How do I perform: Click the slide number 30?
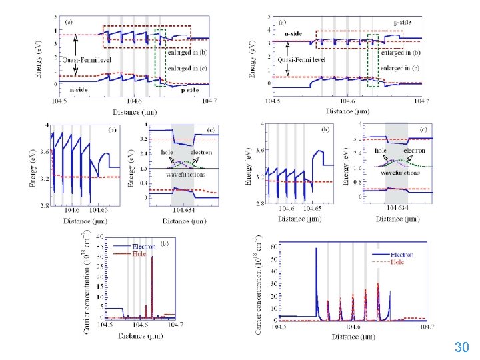(461, 347)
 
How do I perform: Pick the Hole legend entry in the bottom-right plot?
(401, 262)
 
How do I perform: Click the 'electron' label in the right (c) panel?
(407, 151)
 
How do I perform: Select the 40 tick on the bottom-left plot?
(99, 237)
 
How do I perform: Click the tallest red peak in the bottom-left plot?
(152, 259)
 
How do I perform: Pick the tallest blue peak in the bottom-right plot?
(316, 250)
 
